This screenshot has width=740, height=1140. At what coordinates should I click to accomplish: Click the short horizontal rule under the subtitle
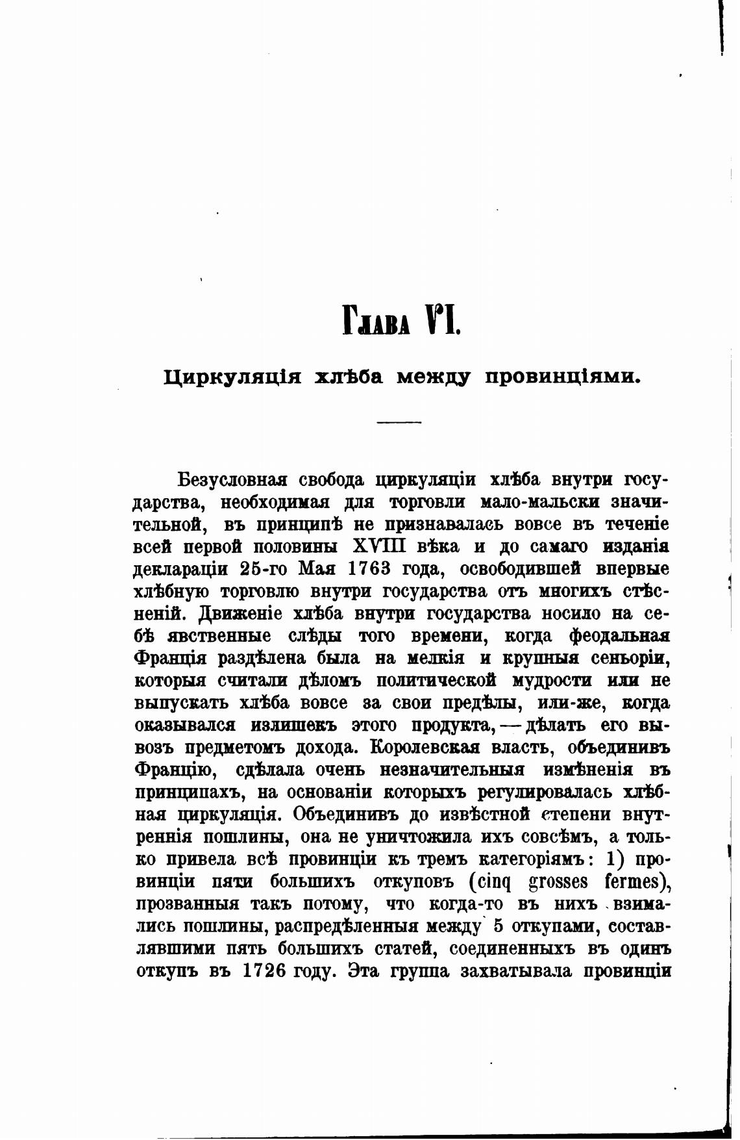coord(399,423)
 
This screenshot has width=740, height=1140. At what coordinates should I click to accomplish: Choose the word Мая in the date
coord(317,569)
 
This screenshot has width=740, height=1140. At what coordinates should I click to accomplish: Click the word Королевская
coord(425,748)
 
